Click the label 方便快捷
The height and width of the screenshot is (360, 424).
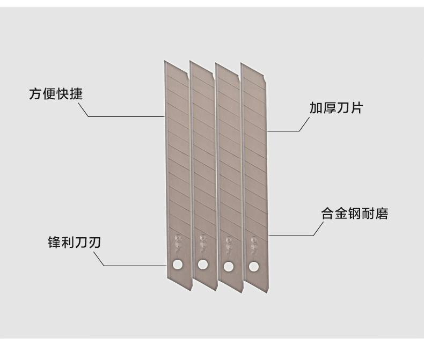coord(55,94)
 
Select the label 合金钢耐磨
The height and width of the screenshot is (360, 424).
coord(354,214)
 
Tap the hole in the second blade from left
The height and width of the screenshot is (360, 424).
coord(203,264)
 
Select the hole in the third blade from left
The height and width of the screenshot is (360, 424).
coord(229,266)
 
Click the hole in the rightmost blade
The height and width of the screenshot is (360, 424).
coord(254,267)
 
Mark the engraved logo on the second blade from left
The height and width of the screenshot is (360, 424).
coord(203,239)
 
